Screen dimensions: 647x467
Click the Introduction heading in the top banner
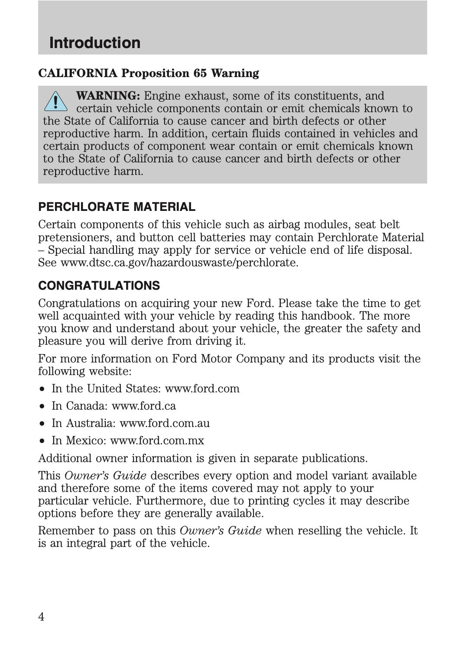[95, 43]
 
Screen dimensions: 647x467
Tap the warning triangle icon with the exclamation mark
[55, 102]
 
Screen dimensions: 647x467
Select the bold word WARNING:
[108, 96]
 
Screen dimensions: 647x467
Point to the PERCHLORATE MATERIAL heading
[117, 207]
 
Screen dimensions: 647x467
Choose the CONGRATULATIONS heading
[99, 286]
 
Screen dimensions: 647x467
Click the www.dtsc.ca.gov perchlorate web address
[179, 263]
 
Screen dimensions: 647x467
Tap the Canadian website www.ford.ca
[144, 406]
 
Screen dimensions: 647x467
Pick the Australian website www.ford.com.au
[165, 423]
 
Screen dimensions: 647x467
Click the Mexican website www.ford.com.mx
[157, 440]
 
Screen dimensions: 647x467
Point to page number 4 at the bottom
[41, 617]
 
